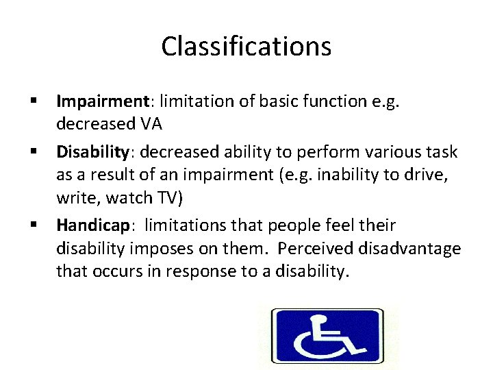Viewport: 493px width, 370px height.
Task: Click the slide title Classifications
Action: click(x=246, y=47)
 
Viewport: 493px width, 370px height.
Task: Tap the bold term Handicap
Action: click(x=92, y=225)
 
